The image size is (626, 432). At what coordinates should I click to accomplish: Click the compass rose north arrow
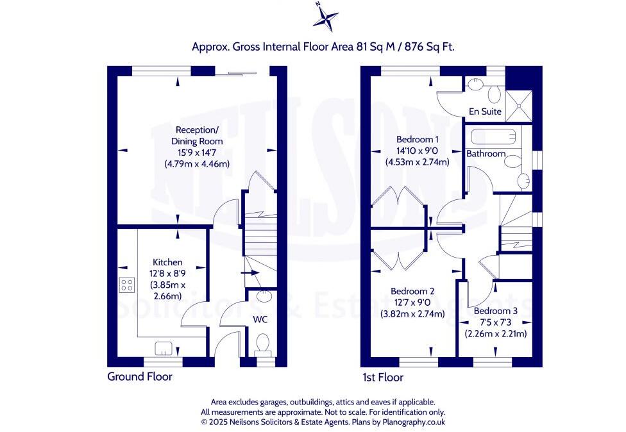(x=325, y=16)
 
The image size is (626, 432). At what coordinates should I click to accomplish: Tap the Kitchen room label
(x=167, y=262)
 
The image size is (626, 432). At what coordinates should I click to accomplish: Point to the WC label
(x=260, y=319)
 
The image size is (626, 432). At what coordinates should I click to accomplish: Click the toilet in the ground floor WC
(x=262, y=347)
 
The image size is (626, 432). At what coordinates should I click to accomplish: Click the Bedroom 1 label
(x=417, y=139)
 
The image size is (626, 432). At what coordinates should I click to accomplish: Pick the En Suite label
(x=485, y=112)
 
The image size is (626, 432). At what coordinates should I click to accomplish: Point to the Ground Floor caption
(x=139, y=377)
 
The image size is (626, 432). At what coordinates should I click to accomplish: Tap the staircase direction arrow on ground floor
(x=251, y=272)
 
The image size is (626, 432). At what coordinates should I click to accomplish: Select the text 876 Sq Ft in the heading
(x=429, y=47)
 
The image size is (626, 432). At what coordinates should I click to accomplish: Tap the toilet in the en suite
(x=494, y=94)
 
